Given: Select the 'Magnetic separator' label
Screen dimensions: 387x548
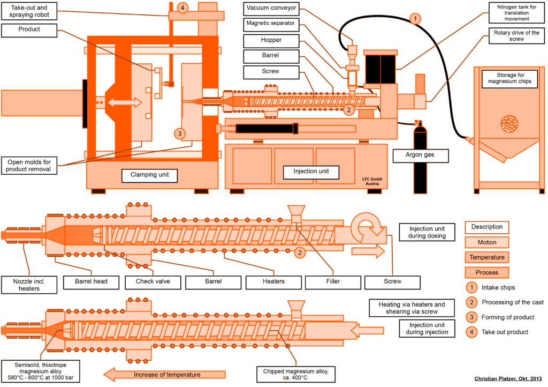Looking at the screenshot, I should coord(270,24).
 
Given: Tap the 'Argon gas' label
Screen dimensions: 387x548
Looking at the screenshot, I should coord(420,156).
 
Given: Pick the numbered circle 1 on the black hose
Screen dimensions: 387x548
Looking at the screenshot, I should coord(414,19).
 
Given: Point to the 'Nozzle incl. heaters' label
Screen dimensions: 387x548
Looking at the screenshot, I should coord(27,285).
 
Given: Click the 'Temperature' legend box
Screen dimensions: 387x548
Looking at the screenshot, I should coord(486,257).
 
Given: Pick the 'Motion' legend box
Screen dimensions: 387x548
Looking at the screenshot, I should coord(486,242).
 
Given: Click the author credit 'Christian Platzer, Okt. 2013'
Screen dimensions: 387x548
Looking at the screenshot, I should coord(508,379).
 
